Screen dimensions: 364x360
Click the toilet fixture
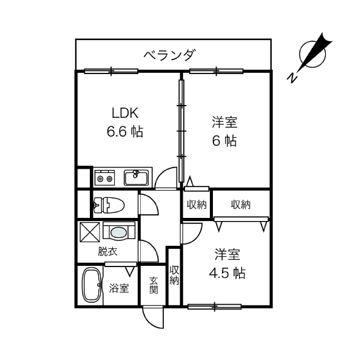point(110,205)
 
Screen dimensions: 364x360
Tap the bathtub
point(92,284)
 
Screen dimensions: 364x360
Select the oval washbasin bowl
point(119,231)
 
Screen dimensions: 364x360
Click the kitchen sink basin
point(136,178)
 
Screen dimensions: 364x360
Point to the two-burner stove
point(105,178)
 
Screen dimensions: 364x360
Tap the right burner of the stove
point(110,178)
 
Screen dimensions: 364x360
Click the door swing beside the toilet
point(147,205)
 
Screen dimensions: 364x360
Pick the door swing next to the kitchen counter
point(166,178)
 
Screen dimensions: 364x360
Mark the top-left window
point(110,72)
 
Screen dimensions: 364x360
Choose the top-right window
point(216,72)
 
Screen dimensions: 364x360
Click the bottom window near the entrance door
point(215,307)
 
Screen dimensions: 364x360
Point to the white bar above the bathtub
point(121,264)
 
